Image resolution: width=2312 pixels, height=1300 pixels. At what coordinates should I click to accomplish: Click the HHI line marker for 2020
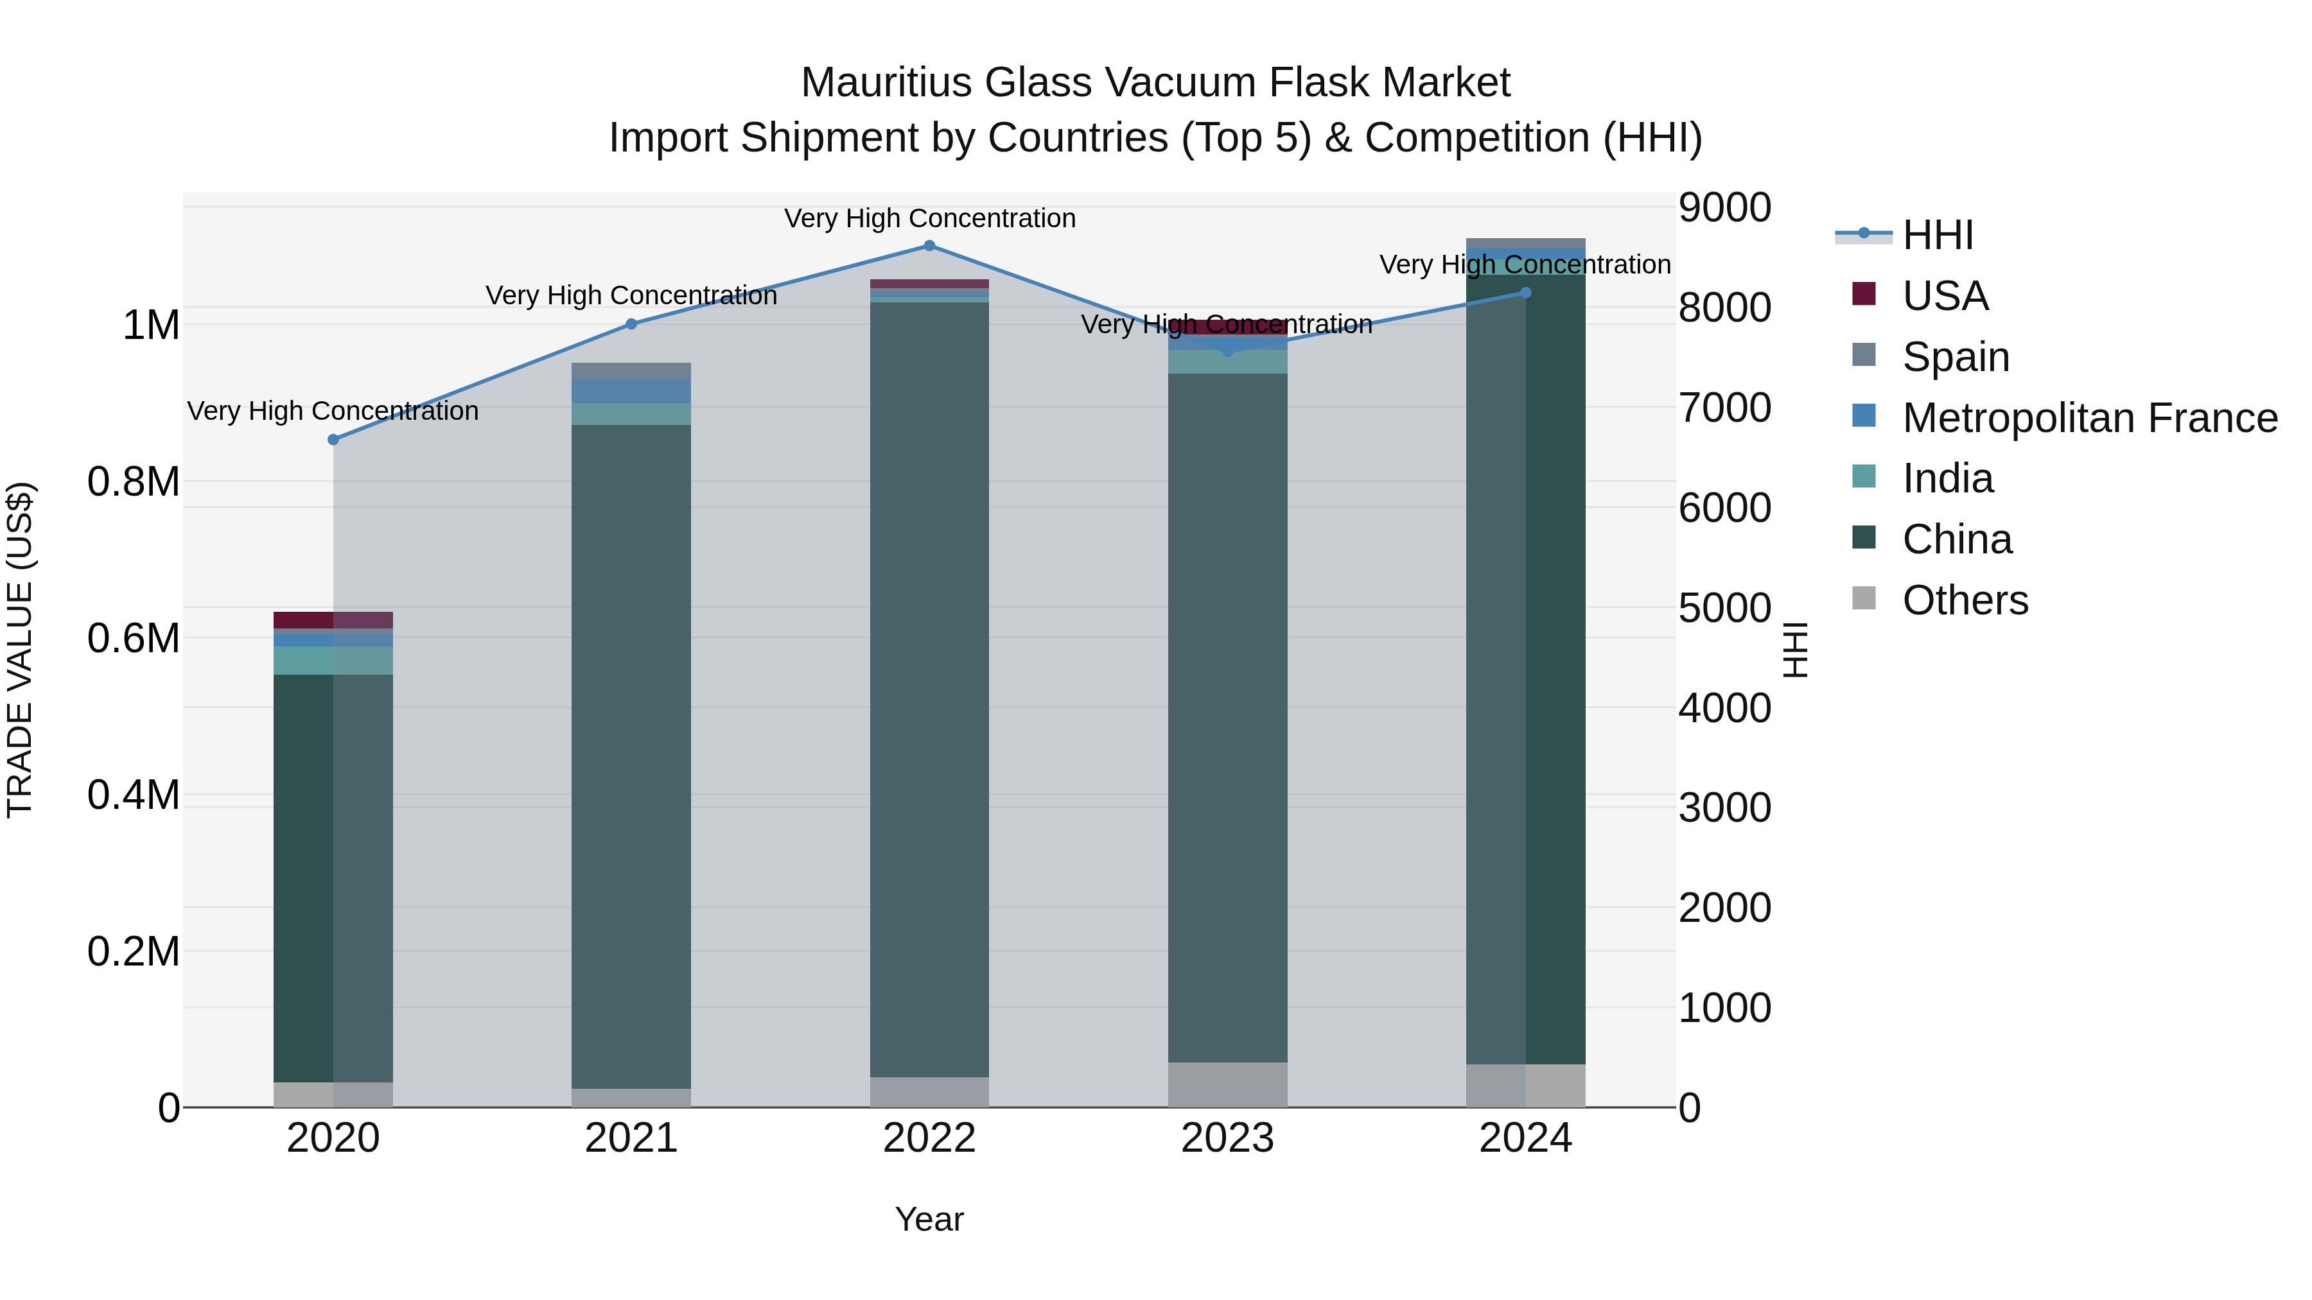click(x=333, y=440)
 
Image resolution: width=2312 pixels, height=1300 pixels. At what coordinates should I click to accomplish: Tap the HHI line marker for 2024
click(x=1526, y=293)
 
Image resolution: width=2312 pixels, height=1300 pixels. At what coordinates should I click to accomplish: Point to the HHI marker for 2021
click(x=631, y=324)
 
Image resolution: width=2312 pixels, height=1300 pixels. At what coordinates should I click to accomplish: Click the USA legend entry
click(x=1945, y=296)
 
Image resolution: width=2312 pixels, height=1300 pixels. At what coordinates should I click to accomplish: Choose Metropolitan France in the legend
click(x=2089, y=418)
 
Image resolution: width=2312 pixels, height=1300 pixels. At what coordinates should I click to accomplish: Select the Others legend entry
click(x=1965, y=600)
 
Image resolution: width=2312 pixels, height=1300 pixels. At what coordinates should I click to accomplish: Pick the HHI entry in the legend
click(x=1937, y=235)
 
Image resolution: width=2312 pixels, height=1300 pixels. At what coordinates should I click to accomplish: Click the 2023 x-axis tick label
click(x=1227, y=1138)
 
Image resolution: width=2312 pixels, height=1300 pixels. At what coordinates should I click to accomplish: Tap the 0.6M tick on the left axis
click(x=133, y=639)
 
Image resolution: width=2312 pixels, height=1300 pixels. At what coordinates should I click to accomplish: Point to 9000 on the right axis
click(x=1724, y=207)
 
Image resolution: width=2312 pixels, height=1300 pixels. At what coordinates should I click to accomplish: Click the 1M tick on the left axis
click(x=151, y=325)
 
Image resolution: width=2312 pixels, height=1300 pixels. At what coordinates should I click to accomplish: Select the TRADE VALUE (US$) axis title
click(x=20, y=650)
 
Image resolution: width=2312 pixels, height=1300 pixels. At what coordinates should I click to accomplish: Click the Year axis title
click(x=929, y=1219)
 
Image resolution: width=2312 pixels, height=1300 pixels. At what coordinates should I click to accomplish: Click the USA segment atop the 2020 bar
click(x=333, y=620)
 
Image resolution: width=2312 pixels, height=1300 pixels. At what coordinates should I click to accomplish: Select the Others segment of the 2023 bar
click(x=1227, y=1085)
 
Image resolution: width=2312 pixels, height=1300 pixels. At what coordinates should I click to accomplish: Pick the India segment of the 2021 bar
click(x=631, y=413)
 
